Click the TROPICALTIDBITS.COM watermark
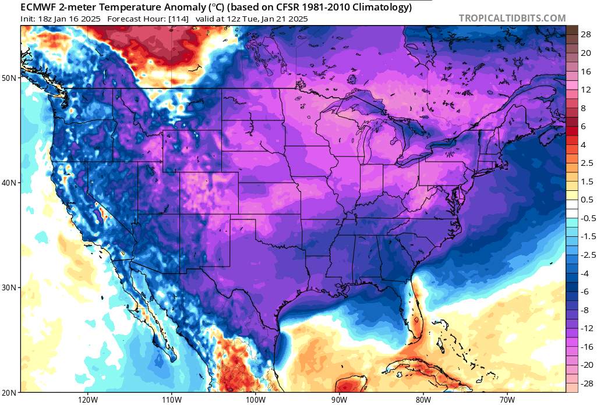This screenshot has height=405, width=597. [x=512, y=18]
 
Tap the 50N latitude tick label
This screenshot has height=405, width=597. [x=10, y=77]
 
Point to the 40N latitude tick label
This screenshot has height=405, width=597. [x=10, y=183]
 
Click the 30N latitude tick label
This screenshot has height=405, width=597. [x=10, y=287]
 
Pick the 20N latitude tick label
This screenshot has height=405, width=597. [x=10, y=392]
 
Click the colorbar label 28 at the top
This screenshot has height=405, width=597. [x=586, y=35]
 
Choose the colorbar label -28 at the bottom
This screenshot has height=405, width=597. [x=586, y=383]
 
